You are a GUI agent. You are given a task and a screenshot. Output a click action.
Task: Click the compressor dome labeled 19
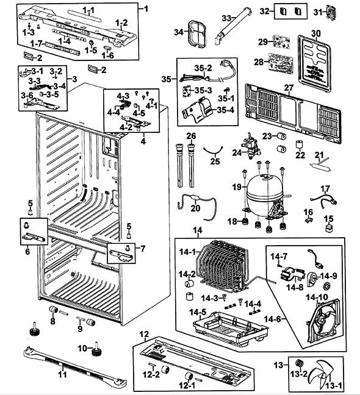click(x=264, y=194)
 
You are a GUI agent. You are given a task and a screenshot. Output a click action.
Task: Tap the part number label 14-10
click(x=317, y=297)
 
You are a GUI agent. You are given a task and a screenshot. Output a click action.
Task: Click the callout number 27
click(x=289, y=88)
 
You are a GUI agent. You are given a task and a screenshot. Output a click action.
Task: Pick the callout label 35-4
click(x=225, y=110)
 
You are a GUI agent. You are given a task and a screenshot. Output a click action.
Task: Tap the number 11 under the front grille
click(x=62, y=375)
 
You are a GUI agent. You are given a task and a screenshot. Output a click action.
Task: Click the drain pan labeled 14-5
click(x=230, y=327)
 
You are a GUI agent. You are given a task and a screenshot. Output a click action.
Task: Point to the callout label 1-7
click(x=36, y=44)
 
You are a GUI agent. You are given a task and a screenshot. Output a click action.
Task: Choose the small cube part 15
click(x=328, y=229)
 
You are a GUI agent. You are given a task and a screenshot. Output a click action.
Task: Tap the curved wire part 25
click(x=214, y=150)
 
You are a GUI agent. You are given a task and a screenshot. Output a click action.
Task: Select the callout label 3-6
click(x=27, y=96)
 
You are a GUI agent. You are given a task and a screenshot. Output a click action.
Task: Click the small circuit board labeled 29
click(x=281, y=41)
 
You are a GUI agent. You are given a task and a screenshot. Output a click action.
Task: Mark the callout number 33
click(x=226, y=18)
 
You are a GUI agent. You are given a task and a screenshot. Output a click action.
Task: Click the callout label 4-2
click(x=126, y=127)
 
